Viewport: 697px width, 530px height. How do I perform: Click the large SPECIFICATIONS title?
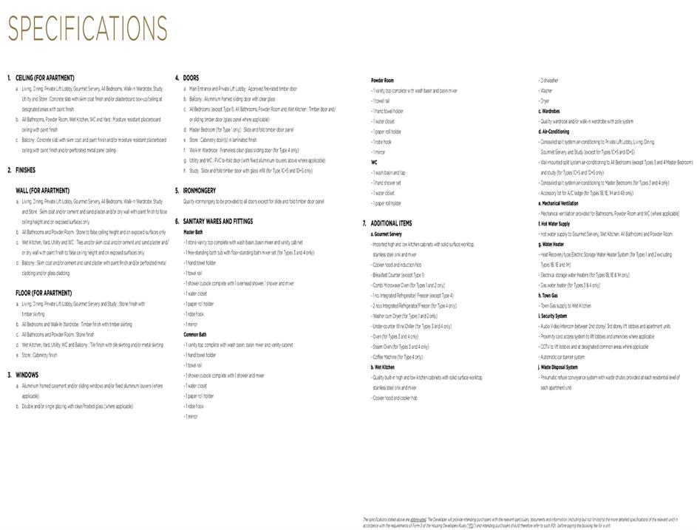[88, 30]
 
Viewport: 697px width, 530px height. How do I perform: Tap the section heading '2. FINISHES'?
[21, 170]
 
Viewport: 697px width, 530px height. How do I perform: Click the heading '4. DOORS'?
[187, 78]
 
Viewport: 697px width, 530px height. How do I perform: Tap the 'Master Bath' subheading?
[194, 232]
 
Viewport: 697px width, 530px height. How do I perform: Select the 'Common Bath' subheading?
[195, 334]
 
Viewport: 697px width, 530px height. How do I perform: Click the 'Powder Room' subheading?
[382, 80]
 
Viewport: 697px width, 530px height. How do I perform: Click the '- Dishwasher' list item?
[551, 80]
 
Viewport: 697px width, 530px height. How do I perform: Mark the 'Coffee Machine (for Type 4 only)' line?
[398, 357]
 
